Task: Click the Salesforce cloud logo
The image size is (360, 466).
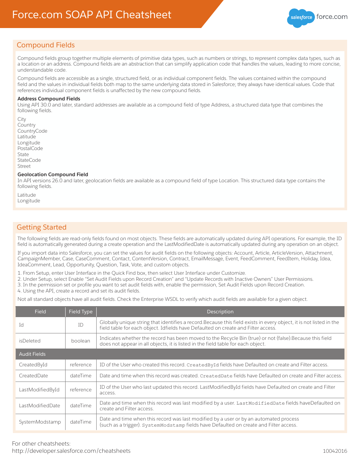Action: [x=301, y=17]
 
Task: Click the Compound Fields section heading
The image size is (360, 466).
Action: [x=46, y=45]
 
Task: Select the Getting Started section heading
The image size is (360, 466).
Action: [x=42, y=227]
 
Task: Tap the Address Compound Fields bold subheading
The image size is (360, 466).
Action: [x=49, y=99]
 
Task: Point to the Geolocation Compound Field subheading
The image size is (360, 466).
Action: [x=53, y=175]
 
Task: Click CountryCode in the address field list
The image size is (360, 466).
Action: [x=33, y=131]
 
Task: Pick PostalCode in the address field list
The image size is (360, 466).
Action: [x=30, y=149]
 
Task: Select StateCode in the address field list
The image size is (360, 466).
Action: [x=29, y=160]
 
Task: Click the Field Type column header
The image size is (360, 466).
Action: [x=81, y=312]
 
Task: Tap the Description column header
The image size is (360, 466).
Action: [x=220, y=312]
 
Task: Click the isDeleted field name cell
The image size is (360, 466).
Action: [x=30, y=341]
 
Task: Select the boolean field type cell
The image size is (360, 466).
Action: [x=81, y=341]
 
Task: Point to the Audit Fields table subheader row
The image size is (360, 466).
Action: [x=33, y=354]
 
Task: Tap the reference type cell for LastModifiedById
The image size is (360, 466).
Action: [x=81, y=389]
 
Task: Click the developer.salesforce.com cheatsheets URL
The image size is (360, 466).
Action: [x=71, y=451]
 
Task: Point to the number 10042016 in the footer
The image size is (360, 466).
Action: [x=335, y=451]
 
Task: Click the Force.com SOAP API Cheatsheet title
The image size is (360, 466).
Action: [x=92, y=15]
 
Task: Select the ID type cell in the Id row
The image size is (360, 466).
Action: [x=81, y=325]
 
